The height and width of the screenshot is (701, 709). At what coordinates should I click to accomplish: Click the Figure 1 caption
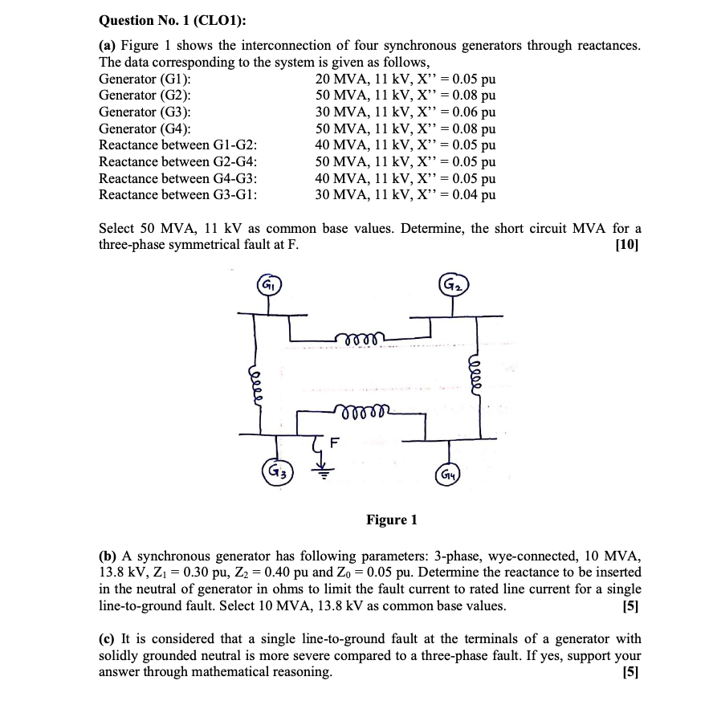tap(391, 520)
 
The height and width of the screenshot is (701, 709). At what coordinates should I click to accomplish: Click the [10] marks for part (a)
tap(627, 245)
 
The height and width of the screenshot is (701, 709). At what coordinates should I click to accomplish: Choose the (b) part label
tap(108, 555)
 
